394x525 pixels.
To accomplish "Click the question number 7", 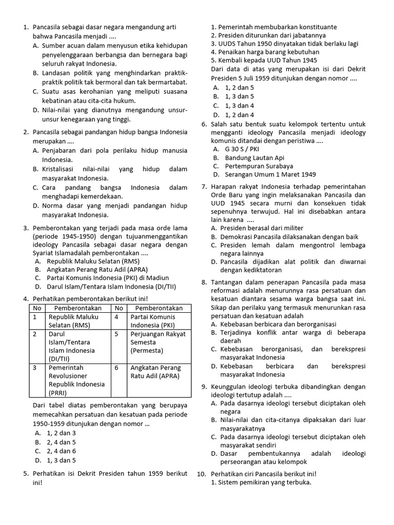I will pos(204,186).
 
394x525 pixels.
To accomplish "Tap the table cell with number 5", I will pos(117,334).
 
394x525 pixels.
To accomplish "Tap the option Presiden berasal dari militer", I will pos(262,228).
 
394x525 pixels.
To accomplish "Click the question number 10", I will pos(202,474).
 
